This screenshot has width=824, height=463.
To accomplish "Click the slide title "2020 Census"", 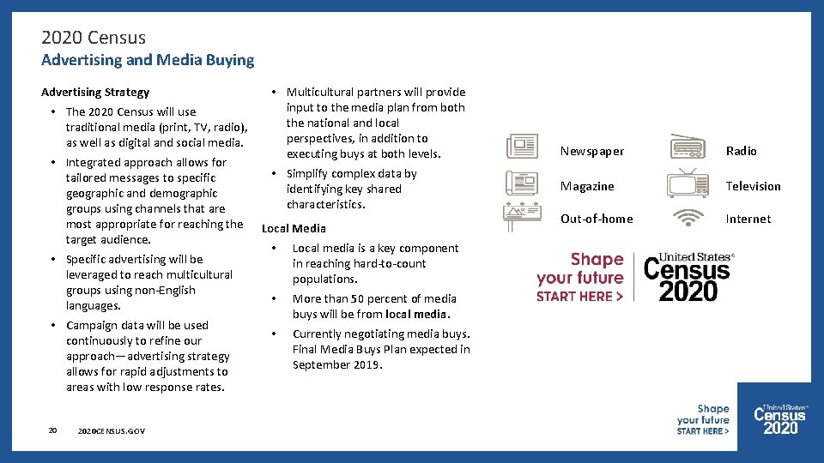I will point(94,38).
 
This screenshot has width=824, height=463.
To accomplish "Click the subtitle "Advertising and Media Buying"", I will point(148,60).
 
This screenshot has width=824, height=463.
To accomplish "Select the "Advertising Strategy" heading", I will point(95,92).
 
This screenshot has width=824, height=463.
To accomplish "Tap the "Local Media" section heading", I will point(294,228).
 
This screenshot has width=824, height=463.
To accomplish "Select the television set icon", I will point(688,183).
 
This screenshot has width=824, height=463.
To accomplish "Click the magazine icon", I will point(522,183).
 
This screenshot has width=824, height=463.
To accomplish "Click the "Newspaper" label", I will point(592,151).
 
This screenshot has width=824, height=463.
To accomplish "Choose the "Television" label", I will point(753,186).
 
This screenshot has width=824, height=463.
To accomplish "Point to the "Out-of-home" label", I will point(597,219).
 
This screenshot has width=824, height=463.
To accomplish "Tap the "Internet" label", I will point(748,219).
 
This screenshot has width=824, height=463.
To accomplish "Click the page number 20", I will point(52,430).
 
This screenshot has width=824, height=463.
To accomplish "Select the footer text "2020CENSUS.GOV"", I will point(111,430).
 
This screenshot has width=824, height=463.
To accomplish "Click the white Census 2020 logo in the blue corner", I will point(780,419).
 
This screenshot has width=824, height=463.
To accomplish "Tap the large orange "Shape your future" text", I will point(580,268).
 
